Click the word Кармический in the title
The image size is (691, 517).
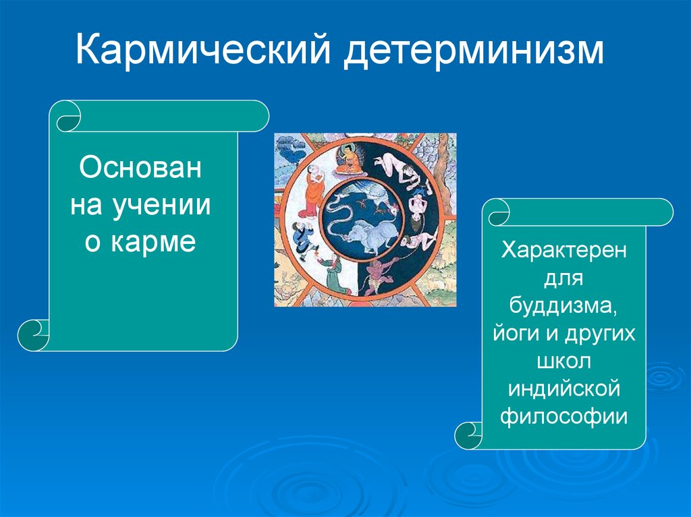point(203,49)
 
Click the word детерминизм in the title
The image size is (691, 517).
point(474,50)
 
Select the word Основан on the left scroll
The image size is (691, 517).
point(140,167)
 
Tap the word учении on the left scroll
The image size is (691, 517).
point(161,205)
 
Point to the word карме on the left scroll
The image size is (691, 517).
point(153,242)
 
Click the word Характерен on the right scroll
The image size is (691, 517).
point(563,251)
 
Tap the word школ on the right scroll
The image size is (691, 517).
point(563,361)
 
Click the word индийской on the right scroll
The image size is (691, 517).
point(564,388)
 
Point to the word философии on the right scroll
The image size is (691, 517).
point(563,416)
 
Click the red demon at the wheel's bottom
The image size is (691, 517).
point(377,275)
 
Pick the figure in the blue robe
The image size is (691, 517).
point(303,237)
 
